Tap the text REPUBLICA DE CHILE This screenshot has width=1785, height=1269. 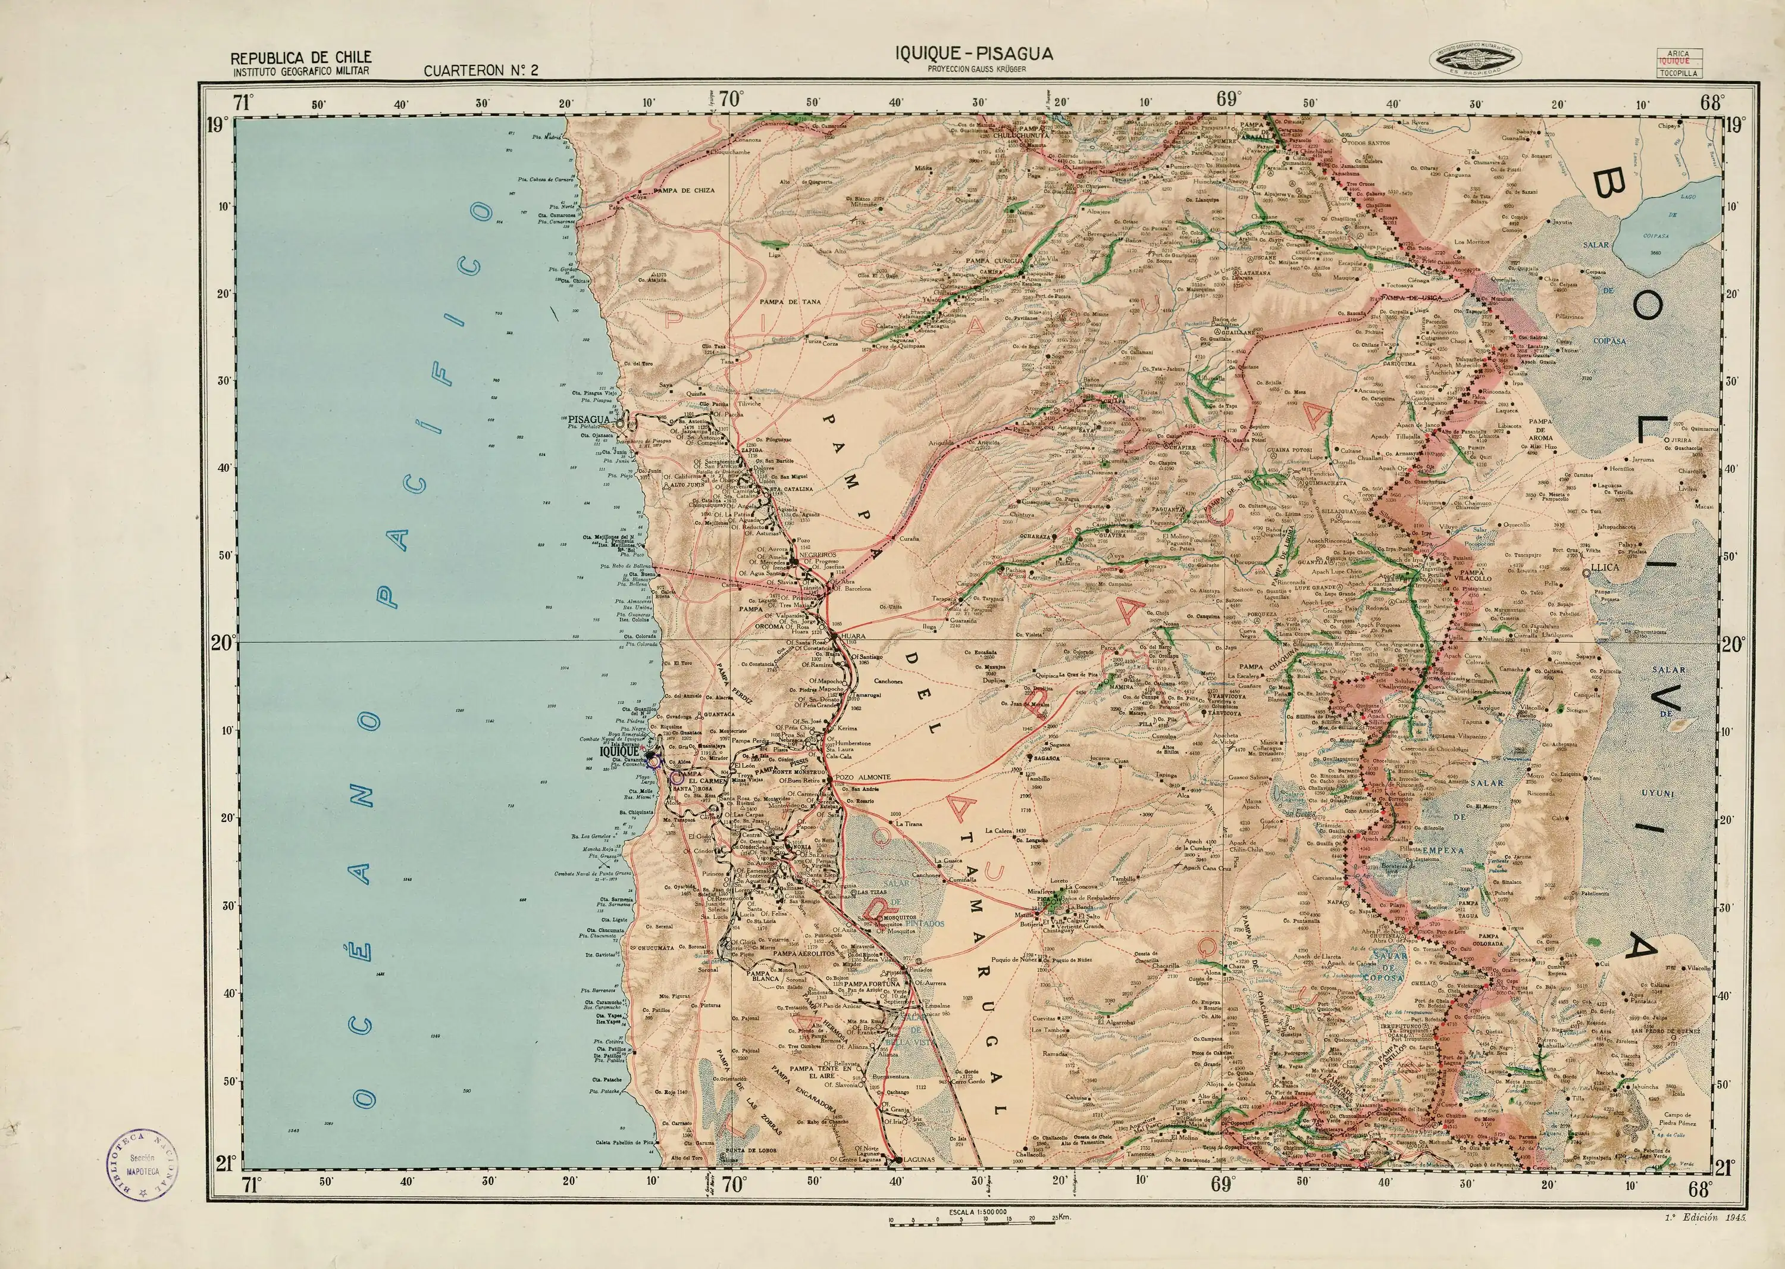click(300, 58)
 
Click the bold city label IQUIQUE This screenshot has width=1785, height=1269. click(619, 752)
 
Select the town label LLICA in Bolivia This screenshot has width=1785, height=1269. click(1615, 567)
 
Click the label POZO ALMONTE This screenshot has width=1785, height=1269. click(862, 777)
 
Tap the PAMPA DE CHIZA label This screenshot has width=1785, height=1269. click(684, 190)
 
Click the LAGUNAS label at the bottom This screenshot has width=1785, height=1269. click(918, 1182)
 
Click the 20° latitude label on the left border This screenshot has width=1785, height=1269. click(222, 643)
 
